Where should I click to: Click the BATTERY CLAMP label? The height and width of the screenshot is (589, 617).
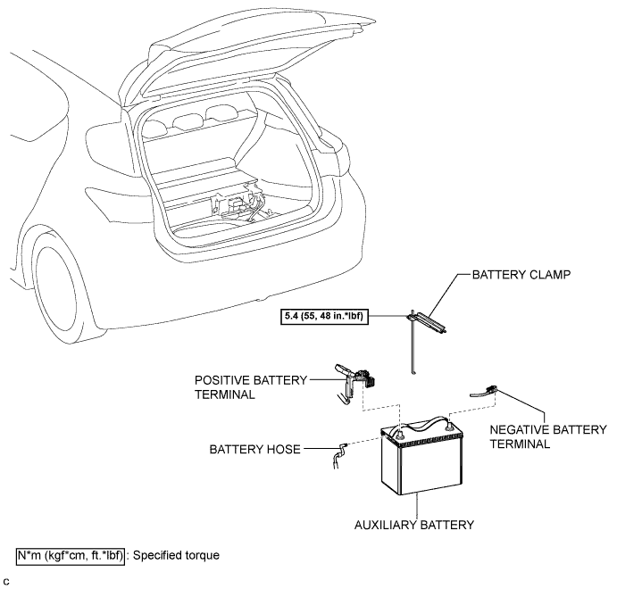521,275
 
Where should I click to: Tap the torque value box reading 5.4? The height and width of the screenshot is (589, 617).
324,316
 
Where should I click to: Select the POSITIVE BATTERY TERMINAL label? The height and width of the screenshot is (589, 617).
251,387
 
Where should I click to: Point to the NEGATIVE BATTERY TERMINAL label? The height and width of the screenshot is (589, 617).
548,436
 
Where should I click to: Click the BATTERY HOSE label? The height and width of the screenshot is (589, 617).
254,450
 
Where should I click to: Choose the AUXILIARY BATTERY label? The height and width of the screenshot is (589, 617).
414,525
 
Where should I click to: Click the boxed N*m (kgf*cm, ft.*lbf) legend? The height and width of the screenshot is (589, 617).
71,556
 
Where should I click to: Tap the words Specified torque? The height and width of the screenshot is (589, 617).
176,555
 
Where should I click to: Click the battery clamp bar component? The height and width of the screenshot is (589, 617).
428,322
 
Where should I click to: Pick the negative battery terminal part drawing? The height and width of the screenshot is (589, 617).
484,392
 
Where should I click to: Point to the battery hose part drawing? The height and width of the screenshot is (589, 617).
339,455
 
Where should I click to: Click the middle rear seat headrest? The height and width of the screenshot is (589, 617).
187,122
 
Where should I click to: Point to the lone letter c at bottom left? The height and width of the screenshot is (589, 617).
6,582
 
